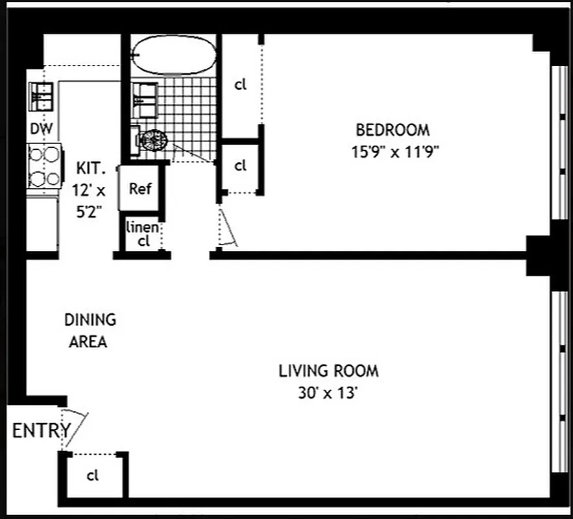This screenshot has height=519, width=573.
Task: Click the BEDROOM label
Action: click(x=392, y=129)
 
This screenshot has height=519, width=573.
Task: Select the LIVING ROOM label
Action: click(x=328, y=372)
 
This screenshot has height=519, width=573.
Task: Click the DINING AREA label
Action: click(x=90, y=330)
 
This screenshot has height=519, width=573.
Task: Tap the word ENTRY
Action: click(x=41, y=430)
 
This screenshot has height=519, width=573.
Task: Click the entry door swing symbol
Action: click(x=73, y=428)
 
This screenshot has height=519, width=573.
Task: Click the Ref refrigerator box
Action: click(x=140, y=188)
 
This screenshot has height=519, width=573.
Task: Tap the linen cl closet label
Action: click(x=142, y=234)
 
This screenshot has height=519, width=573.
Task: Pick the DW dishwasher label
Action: click(x=42, y=129)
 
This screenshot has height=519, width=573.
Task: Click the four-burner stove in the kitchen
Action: click(x=43, y=166)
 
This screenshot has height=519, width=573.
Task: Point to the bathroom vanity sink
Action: click(x=145, y=97)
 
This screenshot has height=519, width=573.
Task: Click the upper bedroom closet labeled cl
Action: click(x=241, y=85)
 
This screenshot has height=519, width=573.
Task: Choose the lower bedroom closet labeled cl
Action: click(x=241, y=165)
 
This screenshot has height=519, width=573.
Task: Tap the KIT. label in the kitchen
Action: click(x=90, y=169)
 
